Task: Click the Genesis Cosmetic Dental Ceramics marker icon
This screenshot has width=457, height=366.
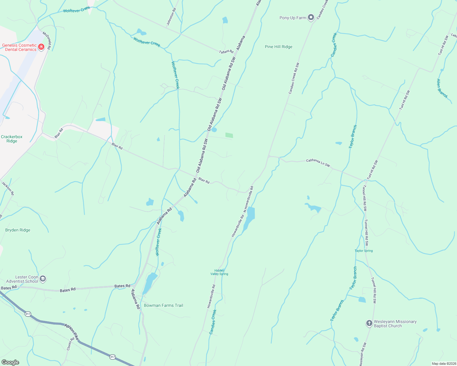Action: pyautogui.click(x=41, y=47)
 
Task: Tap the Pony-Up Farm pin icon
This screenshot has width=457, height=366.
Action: pyautogui.click(x=311, y=17)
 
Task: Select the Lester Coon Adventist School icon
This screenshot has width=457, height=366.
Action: pyautogui.click(x=43, y=279)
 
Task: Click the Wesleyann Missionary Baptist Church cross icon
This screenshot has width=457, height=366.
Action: pyautogui.click(x=369, y=323)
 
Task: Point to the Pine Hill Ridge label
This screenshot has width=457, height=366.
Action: pyautogui.click(x=278, y=47)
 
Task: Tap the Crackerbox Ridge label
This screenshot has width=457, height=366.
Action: pyautogui.click(x=12, y=139)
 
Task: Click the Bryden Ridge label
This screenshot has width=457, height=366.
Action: pyautogui.click(x=18, y=230)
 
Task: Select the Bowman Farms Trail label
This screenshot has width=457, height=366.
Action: pyautogui.click(x=163, y=305)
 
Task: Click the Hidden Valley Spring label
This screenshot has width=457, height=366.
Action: pyautogui.click(x=219, y=272)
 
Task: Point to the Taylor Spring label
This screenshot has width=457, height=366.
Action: pyautogui.click(x=364, y=251)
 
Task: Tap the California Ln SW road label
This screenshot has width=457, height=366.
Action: pyautogui.click(x=318, y=163)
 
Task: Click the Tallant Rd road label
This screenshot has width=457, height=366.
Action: pyautogui.click(x=226, y=52)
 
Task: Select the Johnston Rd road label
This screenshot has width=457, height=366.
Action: pyautogui.click(x=171, y=17)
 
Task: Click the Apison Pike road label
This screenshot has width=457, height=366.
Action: pyautogui.click(x=71, y=332)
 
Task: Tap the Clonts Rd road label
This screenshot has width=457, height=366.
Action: pyautogui.click(x=71, y=344)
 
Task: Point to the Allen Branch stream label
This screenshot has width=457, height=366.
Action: pyautogui.click(x=442, y=88)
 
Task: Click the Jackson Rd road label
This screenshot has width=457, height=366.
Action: pyautogui.click(x=8, y=188)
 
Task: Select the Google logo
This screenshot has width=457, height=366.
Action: pyautogui.click(x=10, y=362)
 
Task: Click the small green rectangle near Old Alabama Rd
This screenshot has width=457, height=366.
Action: pyautogui.click(x=229, y=135)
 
